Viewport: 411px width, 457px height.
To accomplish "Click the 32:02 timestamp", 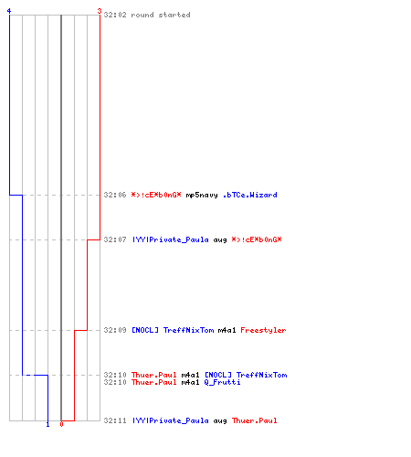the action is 115,15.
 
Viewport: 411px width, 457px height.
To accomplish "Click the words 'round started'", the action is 161,15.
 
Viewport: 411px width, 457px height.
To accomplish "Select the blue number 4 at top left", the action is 9,11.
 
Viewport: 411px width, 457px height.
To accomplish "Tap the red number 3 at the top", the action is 100,11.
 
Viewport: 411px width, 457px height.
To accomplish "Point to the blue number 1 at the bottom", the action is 47,424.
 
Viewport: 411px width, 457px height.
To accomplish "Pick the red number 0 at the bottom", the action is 61,424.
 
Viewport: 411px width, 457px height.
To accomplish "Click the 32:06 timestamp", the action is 115,195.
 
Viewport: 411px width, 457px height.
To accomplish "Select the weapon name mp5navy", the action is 202,196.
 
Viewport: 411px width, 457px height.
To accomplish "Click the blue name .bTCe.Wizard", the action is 250,195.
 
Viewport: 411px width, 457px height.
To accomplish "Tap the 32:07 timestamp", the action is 115,239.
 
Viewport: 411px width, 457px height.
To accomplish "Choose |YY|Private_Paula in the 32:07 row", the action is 170,239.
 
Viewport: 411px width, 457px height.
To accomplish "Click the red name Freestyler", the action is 263,330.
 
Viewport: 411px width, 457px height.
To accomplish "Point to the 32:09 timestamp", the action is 115,330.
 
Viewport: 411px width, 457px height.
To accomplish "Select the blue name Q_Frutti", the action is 222,382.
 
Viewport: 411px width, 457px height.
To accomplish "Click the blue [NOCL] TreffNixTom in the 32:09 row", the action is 173,330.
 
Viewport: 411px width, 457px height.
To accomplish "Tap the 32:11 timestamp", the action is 115,420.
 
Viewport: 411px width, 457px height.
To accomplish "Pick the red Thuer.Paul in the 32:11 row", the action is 255,420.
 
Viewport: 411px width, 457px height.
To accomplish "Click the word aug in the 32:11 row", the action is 220,421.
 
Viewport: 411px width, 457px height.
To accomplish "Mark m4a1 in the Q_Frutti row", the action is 190,382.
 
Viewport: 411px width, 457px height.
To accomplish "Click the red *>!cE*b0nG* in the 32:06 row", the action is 156,195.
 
